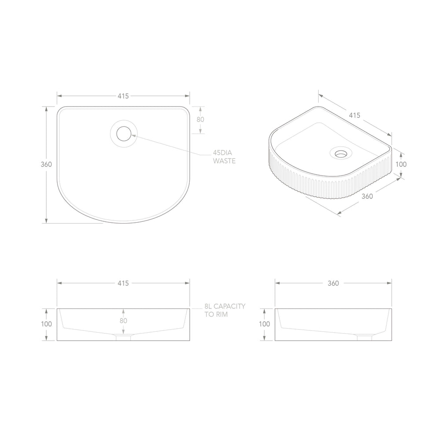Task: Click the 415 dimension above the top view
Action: (123, 96)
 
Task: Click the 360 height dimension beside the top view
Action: (46, 164)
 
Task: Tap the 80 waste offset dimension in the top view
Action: (200, 120)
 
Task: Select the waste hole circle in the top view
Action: (124, 134)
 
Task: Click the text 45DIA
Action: (223, 153)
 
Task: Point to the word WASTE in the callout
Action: (224, 161)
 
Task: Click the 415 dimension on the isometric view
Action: (355, 115)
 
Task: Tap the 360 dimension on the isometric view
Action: (367, 196)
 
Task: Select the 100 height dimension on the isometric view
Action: (401, 164)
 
